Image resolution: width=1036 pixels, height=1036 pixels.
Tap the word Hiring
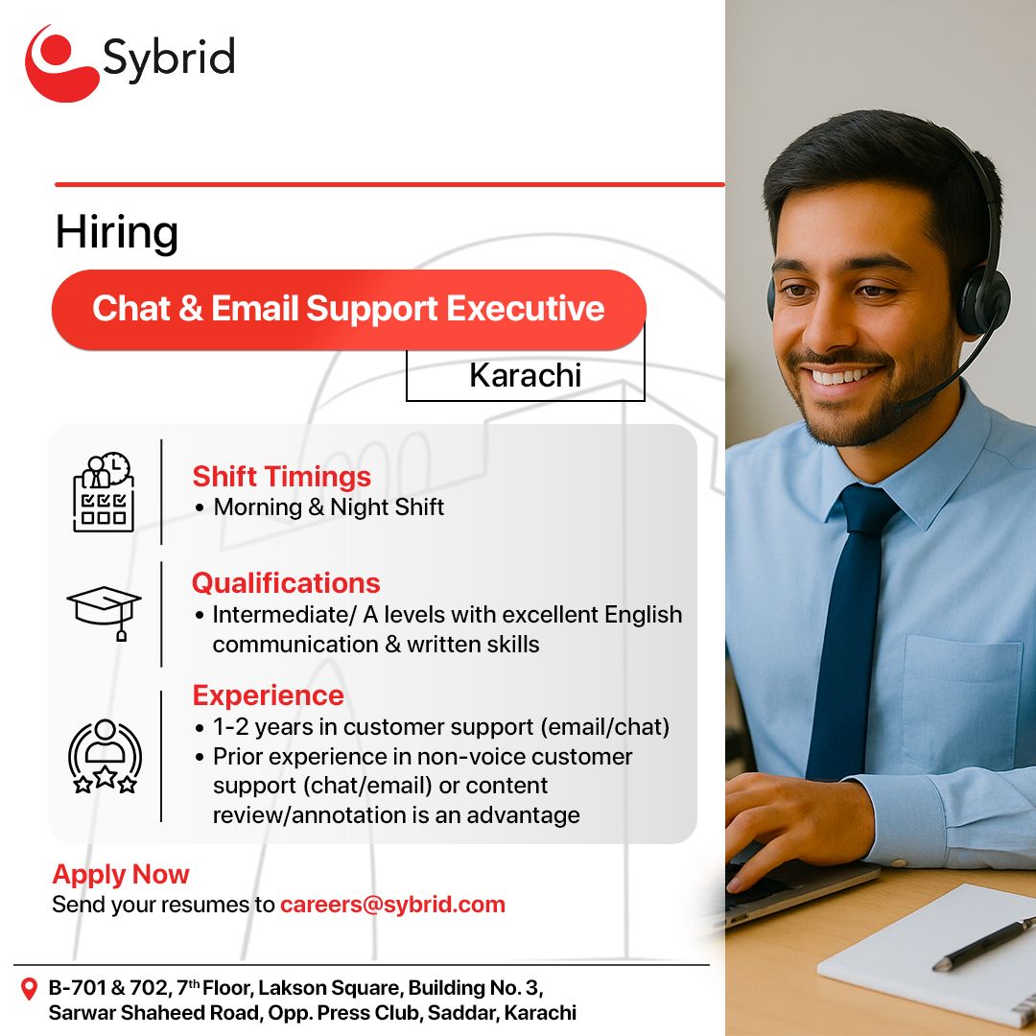(116, 233)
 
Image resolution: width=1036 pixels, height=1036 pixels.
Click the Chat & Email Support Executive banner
(348, 309)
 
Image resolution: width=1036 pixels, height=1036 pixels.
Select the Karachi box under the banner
(526, 375)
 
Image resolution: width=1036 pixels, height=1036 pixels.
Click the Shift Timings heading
(281, 477)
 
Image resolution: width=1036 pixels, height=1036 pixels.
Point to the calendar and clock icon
(104, 492)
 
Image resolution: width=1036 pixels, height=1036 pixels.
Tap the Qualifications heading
(286, 583)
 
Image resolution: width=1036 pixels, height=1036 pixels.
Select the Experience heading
(269, 695)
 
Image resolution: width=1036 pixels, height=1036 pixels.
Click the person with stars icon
(105, 756)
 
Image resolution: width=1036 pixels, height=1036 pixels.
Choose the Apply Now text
(121, 874)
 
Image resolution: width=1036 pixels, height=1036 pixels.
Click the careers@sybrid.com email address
(392, 905)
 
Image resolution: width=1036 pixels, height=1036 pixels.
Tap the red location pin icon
(29, 989)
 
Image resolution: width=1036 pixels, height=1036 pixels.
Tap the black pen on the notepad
(984, 945)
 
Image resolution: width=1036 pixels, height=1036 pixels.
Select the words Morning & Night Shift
(328, 507)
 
